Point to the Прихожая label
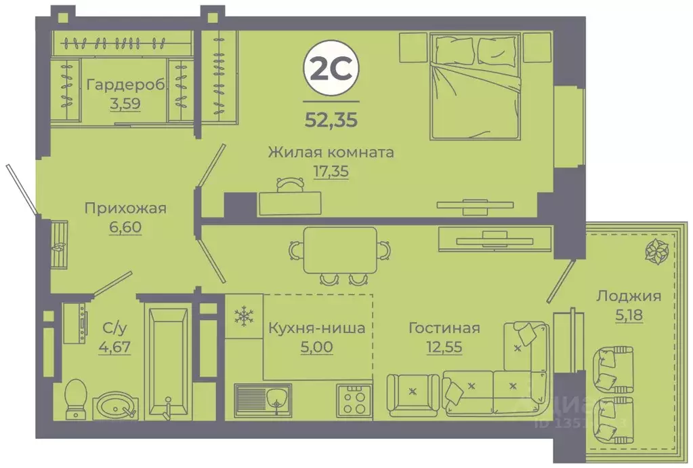(125, 208)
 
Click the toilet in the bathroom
(75, 396)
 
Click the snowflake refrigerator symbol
(242, 315)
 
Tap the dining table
(340, 250)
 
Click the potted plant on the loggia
(656, 252)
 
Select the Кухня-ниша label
(316, 328)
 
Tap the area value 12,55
(444, 347)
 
